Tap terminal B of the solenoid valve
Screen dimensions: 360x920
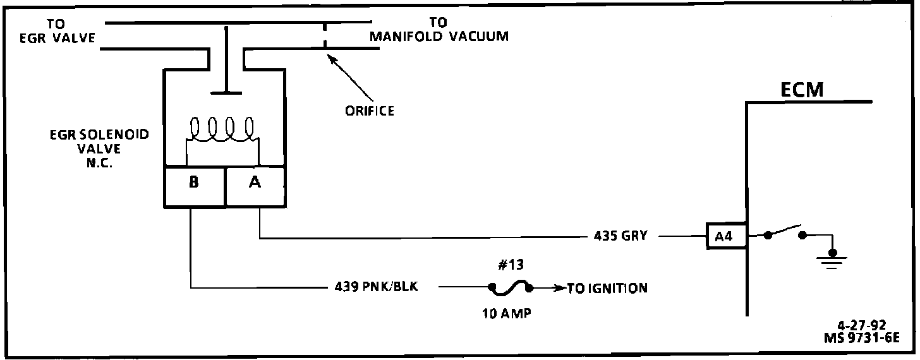tap(194, 183)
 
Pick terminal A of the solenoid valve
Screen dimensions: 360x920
tap(255, 183)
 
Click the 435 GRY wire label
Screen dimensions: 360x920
tap(620, 236)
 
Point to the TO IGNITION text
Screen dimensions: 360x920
tap(607, 289)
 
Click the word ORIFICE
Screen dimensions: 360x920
tap(370, 111)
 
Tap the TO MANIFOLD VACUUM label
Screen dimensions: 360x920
tap(439, 30)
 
